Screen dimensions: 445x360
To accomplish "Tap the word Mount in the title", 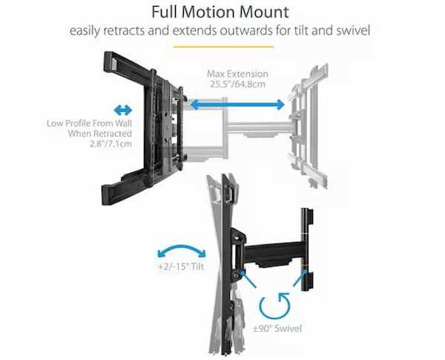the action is (x=263, y=12).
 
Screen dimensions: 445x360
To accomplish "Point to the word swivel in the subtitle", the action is (x=353, y=30).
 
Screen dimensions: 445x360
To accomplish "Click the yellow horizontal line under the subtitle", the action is (x=223, y=46).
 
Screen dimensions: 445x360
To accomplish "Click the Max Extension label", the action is (x=237, y=74).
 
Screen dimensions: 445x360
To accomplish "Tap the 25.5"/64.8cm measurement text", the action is (x=237, y=84).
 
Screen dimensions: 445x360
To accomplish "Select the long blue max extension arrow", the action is (x=237, y=105).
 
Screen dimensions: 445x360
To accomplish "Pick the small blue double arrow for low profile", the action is (x=123, y=111).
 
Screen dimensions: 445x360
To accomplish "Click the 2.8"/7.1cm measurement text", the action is (x=111, y=143).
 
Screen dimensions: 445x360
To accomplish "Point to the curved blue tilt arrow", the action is (x=182, y=251).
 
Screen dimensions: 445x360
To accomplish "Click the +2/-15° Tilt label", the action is (x=181, y=266).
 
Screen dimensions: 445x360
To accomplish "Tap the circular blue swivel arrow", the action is (x=274, y=306).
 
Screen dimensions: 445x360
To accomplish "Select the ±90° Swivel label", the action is (x=277, y=329).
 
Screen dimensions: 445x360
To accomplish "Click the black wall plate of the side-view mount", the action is (x=307, y=250).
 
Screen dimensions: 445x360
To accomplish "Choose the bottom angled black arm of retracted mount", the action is (x=127, y=186).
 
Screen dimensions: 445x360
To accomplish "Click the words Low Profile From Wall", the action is (x=90, y=123).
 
